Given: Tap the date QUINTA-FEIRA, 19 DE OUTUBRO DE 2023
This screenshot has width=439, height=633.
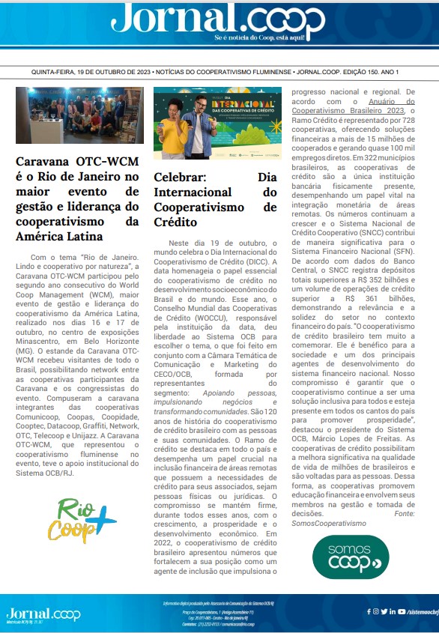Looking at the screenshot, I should coord(91,72).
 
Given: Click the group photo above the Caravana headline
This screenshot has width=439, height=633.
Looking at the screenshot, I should coord(79,115).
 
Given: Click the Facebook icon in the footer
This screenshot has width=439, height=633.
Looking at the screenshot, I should coord(369,611).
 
